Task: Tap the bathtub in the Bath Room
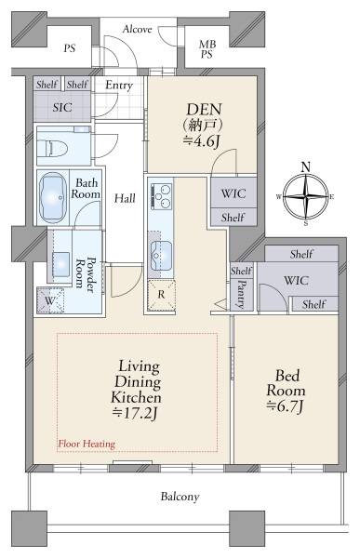[53, 197]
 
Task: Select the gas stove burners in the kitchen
[161, 196]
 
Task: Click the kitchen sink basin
[161, 256]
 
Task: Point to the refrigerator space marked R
[161, 296]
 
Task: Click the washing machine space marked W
[50, 300]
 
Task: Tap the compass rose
[306, 197]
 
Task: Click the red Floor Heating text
[87, 444]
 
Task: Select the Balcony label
[180, 497]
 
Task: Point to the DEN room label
[205, 110]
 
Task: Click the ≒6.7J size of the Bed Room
[286, 406]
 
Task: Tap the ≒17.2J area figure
[135, 414]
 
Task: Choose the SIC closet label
[62, 108]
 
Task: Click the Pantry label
[242, 294]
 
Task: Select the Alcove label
[137, 29]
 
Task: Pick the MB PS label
[207, 49]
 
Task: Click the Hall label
[125, 198]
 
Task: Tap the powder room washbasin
[60, 264]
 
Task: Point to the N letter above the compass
[306, 166]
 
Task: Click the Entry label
[119, 86]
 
